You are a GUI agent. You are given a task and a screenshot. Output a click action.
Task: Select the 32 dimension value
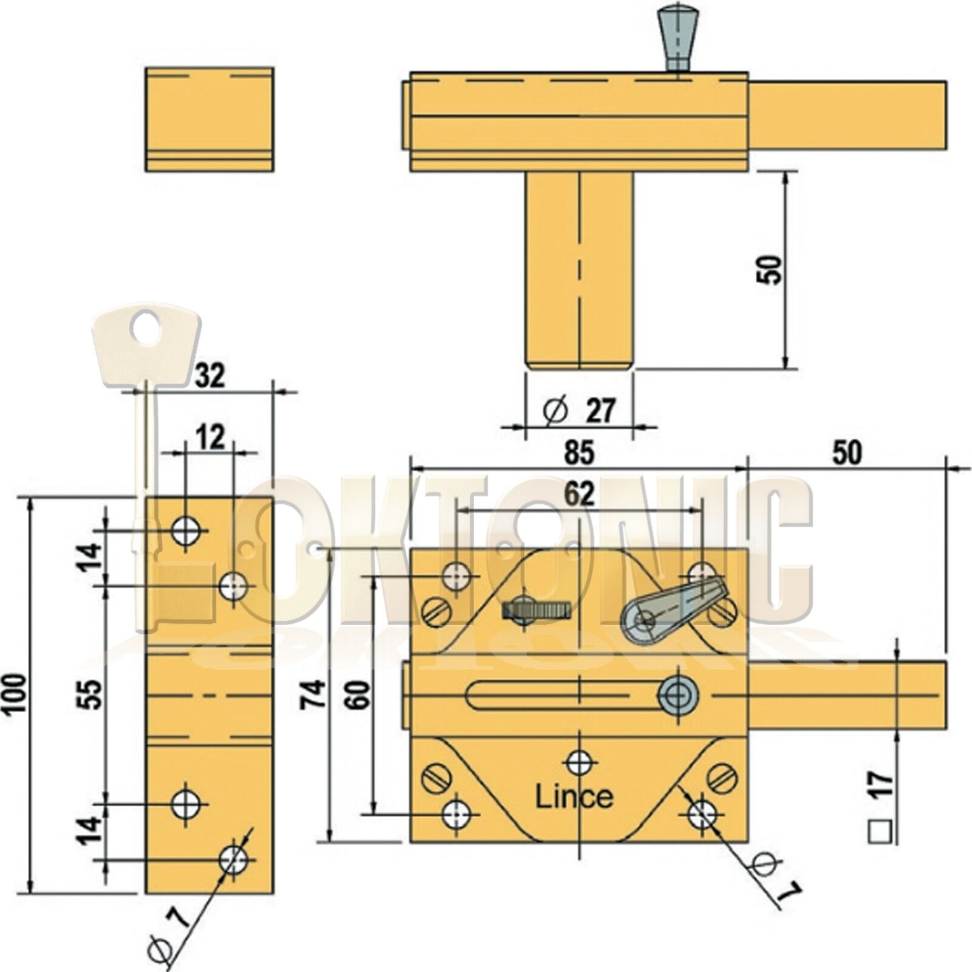[x=210, y=376]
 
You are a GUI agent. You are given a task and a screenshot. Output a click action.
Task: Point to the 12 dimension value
[x=210, y=437]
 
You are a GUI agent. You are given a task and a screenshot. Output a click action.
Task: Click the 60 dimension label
[x=358, y=694]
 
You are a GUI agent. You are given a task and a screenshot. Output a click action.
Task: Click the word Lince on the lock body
[x=573, y=797]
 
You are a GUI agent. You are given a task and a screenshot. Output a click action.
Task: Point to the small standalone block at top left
[x=210, y=120]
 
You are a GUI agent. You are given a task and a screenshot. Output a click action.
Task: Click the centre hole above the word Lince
[x=579, y=762]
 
